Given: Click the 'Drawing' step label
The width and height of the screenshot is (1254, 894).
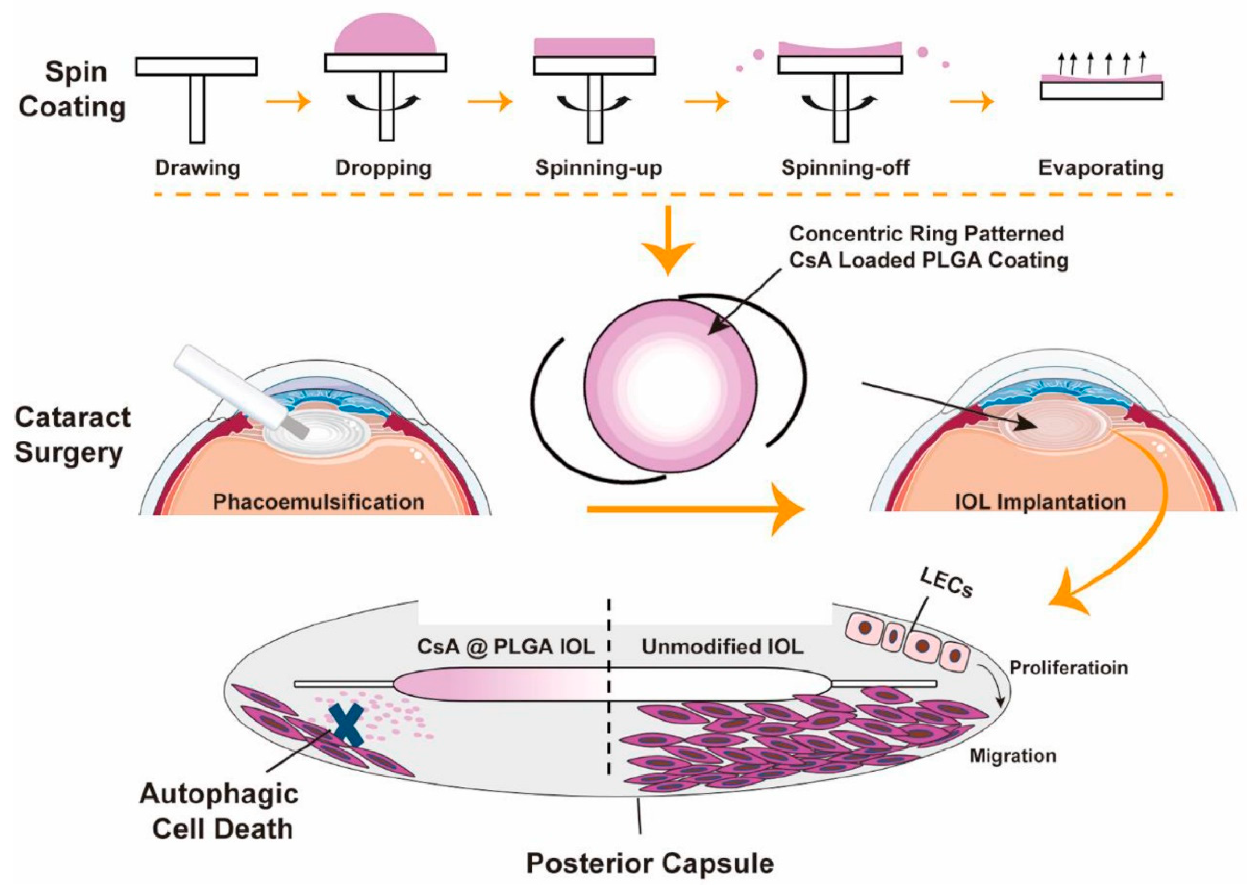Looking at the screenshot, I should click(197, 167).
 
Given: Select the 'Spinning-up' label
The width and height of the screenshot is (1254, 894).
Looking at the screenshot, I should click(598, 167).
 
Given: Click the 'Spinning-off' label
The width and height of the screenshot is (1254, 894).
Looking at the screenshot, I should click(845, 167).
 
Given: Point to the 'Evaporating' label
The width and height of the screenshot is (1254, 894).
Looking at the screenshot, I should click(1100, 167).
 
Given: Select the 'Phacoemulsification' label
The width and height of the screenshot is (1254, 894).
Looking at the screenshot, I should click(318, 502).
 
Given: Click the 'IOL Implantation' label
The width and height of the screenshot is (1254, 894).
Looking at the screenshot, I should click(1040, 502).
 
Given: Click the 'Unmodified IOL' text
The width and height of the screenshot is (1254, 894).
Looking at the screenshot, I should click(722, 646).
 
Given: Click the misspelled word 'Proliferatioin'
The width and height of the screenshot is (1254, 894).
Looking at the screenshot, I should click(1068, 668).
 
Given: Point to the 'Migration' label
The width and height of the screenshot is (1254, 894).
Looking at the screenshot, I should click(1012, 756).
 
